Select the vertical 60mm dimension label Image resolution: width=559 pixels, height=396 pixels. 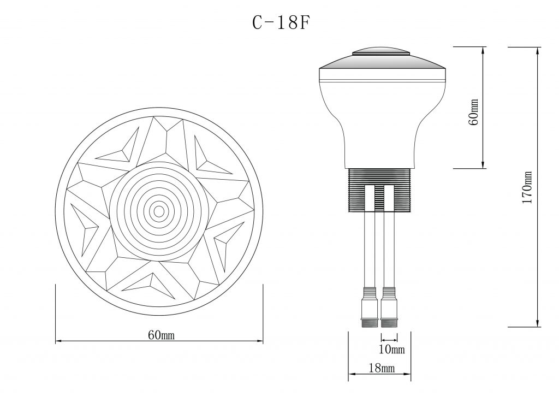point(474,112)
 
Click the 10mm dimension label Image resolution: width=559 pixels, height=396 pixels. point(391,348)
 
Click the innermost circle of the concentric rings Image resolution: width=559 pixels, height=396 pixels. point(159,210)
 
